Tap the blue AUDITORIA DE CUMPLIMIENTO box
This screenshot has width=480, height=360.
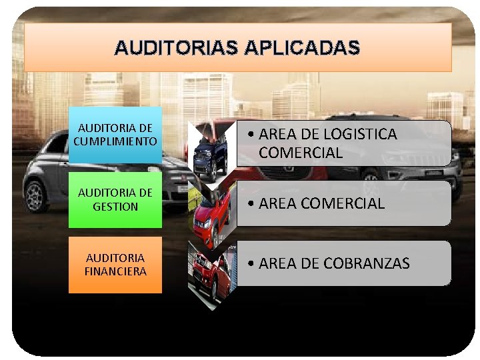click(115, 135)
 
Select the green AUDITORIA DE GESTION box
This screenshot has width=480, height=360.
click(115, 200)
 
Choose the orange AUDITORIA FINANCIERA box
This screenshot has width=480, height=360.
click(115, 265)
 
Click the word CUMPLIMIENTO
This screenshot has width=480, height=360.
click(115, 141)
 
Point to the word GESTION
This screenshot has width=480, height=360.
click(115, 207)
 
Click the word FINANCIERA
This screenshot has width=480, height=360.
click(115, 271)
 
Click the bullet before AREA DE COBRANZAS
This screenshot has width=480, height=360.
click(249, 264)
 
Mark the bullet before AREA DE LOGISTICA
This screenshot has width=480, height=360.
click(249, 135)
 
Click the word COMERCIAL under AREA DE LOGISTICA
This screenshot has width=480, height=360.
click(301, 153)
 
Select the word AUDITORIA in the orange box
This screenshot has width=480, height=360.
click(115, 258)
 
